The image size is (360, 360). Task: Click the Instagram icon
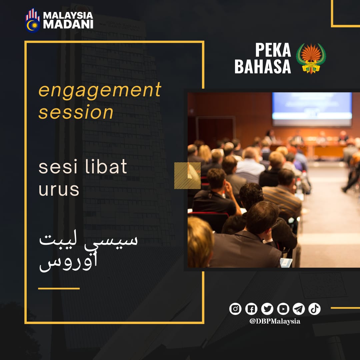235,309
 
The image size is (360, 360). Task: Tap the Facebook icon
251,309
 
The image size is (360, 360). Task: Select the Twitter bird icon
267,309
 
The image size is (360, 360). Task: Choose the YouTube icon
283,309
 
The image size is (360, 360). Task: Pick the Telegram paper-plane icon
299,309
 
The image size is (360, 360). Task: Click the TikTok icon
314,309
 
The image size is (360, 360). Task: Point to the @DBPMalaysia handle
275,321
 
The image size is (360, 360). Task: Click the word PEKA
273,50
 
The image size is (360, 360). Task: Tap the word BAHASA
263,67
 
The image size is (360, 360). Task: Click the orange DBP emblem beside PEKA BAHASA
311,59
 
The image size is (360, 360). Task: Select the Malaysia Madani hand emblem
32,21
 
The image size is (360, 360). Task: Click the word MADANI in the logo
68,24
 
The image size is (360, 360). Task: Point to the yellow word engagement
100,90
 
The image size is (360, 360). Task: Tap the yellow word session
76,112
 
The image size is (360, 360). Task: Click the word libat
106,166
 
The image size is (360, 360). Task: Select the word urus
59,190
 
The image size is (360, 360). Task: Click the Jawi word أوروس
68,262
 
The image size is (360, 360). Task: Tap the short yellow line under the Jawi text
59,289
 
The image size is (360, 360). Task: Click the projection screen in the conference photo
312,109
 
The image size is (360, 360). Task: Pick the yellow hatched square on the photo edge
187,176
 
